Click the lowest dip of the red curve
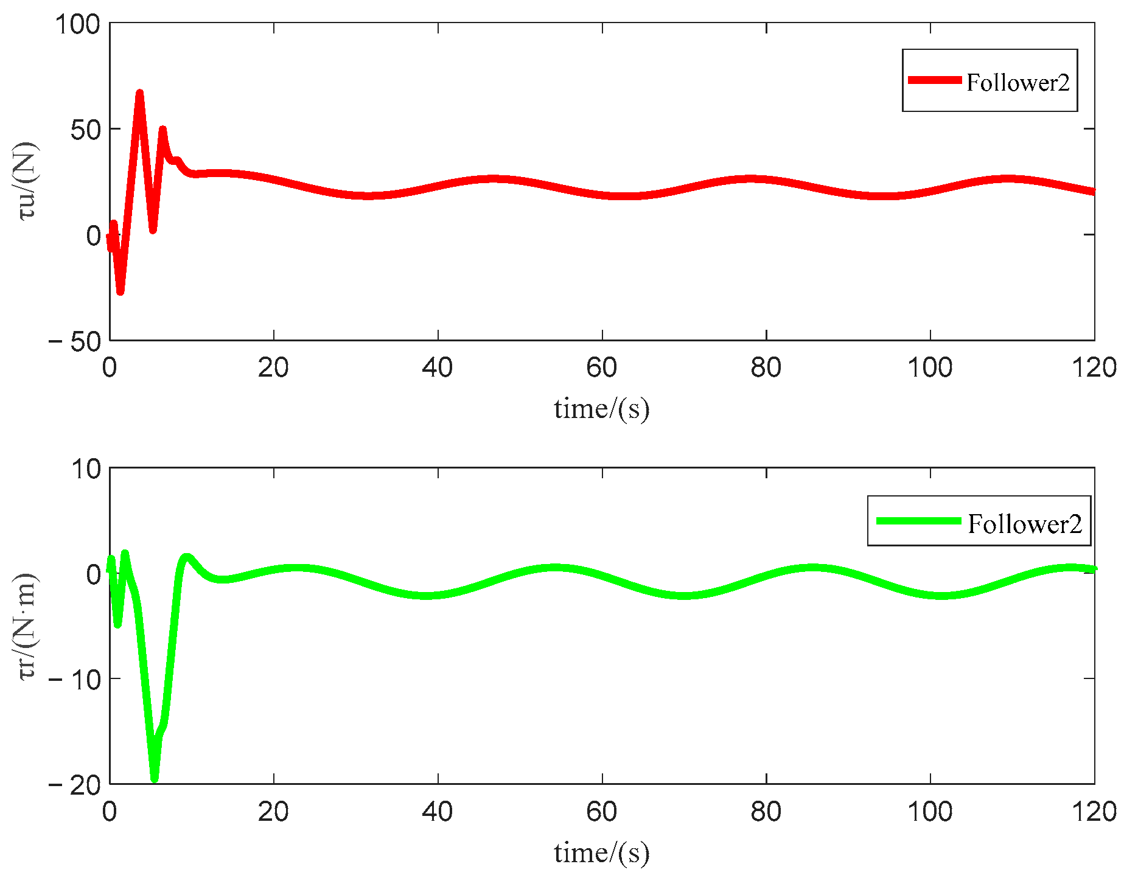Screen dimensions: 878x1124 120,291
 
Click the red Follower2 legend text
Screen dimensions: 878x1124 1018,82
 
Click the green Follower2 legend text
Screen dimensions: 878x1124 1025,523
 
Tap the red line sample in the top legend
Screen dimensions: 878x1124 934,80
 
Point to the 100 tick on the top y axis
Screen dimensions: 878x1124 77,24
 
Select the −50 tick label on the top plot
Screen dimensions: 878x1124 75,342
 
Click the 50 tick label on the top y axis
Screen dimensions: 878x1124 85,130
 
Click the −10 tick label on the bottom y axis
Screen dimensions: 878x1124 75,680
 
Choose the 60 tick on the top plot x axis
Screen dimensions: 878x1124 602,368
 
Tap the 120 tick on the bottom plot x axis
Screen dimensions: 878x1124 1094,812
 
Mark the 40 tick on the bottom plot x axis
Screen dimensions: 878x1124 438,812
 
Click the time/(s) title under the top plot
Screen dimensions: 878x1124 601,408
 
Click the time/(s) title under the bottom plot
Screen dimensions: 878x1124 601,852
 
